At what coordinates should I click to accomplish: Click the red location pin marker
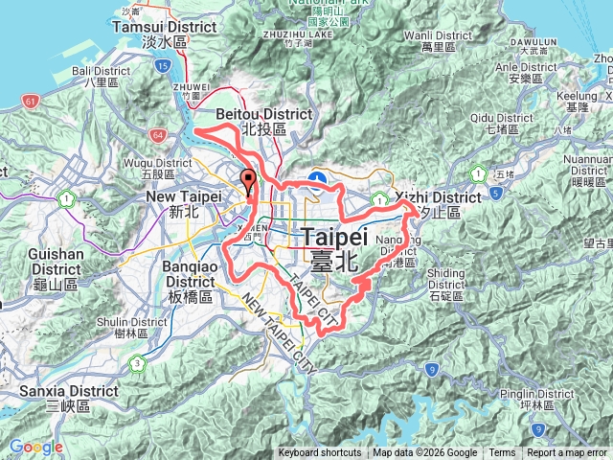click(249, 180)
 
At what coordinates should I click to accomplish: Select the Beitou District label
click(263, 121)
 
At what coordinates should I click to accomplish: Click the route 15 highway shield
click(164, 65)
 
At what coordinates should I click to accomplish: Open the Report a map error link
click(568, 453)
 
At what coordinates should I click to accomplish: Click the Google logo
click(35, 447)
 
